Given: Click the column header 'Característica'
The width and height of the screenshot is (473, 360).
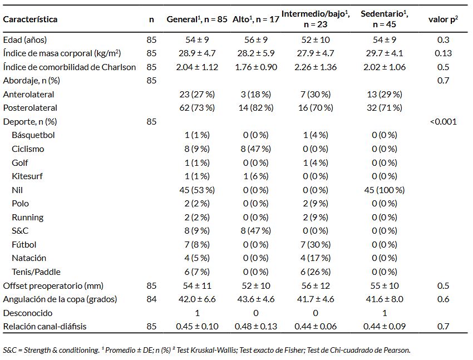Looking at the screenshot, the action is click(30, 19).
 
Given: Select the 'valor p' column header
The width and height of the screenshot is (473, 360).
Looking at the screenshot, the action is click(443, 19).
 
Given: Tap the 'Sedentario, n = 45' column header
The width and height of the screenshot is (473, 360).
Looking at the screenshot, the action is click(385, 19).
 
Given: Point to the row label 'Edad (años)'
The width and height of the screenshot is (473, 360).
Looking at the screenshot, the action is click(24, 40).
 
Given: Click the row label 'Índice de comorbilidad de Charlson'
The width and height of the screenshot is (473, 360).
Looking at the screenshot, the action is click(70, 67).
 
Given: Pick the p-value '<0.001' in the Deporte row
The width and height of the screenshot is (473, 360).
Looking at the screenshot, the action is click(444, 121).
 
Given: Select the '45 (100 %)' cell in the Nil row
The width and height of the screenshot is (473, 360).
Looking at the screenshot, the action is click(385, 190).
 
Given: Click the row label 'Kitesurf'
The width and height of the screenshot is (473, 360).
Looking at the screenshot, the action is click(27, 176).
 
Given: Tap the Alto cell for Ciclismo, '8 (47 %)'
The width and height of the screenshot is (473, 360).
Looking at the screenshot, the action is click(256, 149).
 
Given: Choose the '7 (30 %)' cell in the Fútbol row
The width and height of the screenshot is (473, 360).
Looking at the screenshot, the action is click(316, 244).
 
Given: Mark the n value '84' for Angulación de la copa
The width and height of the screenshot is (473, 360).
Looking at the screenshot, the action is click(151, 299).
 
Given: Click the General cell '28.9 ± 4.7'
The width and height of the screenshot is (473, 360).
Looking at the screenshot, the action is click(197, 53).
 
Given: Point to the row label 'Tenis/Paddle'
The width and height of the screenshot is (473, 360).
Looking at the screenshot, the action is click(36, 272).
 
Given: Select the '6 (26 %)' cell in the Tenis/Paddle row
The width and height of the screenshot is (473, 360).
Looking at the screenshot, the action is click(316, 272).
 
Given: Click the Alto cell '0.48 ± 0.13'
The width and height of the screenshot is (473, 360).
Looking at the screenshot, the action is click(256, 326).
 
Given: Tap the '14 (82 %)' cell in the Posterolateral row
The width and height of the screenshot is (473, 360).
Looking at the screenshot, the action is click(256, 107).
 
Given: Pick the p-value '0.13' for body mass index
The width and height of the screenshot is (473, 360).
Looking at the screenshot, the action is click(443, 53).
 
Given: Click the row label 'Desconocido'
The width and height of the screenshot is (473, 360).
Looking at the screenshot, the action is click(28, 313).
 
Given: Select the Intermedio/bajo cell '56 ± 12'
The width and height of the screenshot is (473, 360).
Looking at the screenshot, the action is click(316, 285).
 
